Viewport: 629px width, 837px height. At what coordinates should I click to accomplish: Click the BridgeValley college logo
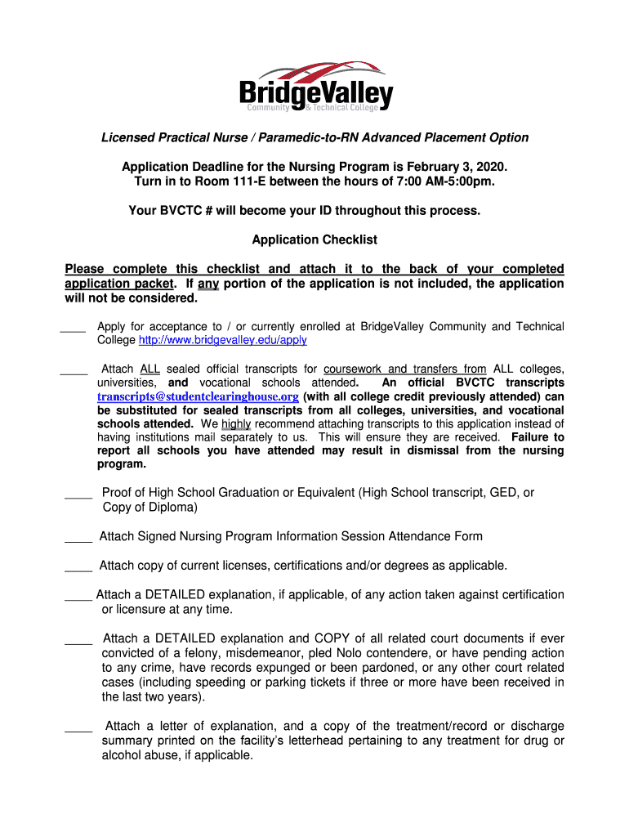coord(315,86)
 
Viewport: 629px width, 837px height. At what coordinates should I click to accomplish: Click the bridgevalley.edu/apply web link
coord(223,340)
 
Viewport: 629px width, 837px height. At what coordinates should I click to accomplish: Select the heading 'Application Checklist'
coord(314,239)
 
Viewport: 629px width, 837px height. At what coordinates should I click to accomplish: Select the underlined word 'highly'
coord(235,424)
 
